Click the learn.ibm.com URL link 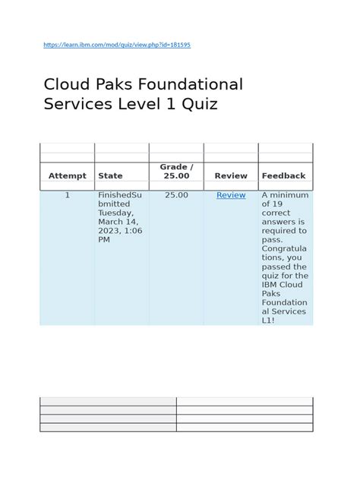click(117, 46)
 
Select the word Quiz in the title click(201, 104)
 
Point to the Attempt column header click(68, 175)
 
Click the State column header click(110, 175)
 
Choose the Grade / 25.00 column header click(176, 171)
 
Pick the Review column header click(231, 175)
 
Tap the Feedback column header click(283, 175)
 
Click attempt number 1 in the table click(67, 195)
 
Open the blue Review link click(231, 195)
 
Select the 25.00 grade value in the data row click(176, 195)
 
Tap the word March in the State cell click(111, 222)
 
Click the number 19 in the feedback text click(279, 204)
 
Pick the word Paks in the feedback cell click(271, 294)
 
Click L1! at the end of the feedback click(269, 321)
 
